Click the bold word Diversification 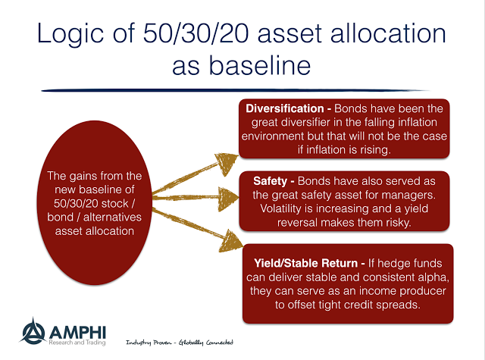tap(285, 108)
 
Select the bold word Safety tap(270, 181)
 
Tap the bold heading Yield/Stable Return tap(305, 263)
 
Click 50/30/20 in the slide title tap(196, 33)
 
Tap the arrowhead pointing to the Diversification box tap(227, 162)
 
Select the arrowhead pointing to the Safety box tap(228, 199)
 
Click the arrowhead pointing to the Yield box tap(230, 242)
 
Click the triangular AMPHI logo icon tap(33, 331)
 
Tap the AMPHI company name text tap(77, 333)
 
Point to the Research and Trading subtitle tap(77, 343)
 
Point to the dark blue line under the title tap(235, 90)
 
